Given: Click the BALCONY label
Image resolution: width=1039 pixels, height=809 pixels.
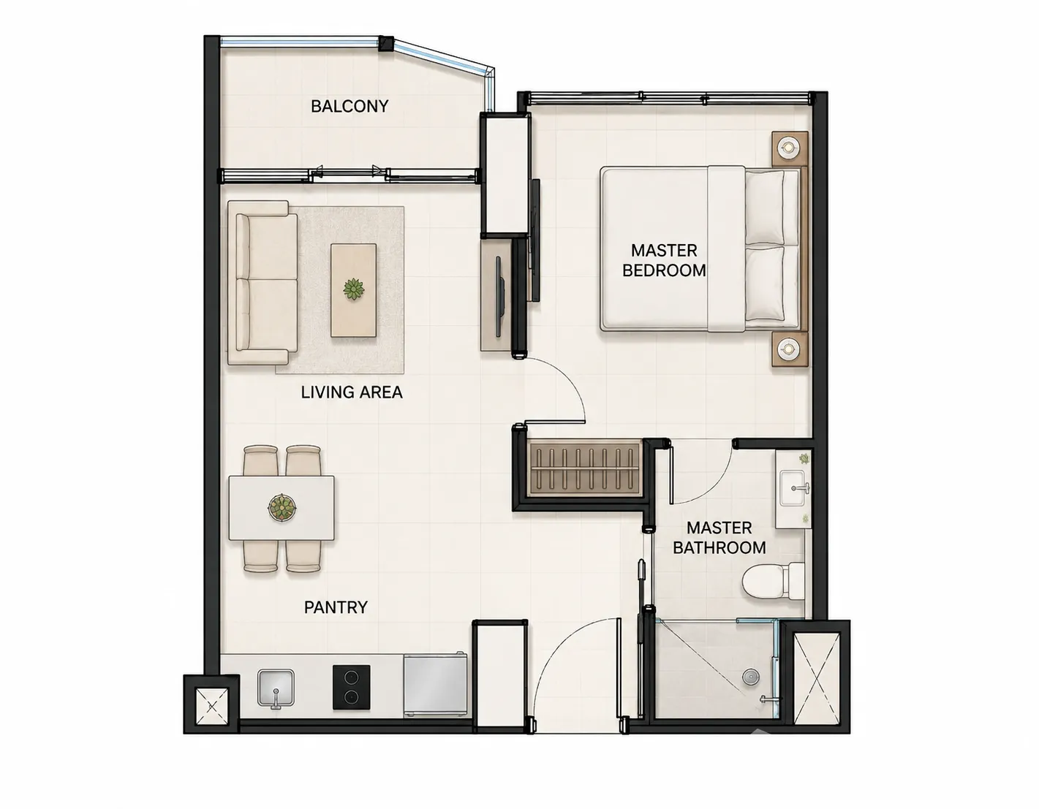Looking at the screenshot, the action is click(x=350, y=106).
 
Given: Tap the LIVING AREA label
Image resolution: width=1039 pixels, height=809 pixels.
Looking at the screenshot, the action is click(x=352, y=392).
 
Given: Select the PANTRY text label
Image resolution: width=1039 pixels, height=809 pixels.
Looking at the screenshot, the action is click(x=336, y=607).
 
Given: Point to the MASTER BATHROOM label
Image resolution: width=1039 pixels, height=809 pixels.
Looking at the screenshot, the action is click(x=719, y=538).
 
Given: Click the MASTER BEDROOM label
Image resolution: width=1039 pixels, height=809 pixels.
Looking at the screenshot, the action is click(x=664, y=260).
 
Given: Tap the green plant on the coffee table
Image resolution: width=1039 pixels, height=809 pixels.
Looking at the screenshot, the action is click(x=353, y=289).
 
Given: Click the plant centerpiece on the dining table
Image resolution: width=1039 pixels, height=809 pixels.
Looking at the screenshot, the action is click(x=282, y=507).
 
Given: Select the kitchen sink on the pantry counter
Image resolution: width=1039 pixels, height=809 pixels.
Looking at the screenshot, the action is click(x=276, y=688).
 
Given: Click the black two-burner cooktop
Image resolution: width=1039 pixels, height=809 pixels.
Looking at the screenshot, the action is click(x=352, y=687).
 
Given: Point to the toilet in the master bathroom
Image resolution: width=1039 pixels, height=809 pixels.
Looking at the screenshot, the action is click(x=773, y=580).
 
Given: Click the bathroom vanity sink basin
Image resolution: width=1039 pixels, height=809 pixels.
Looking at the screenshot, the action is click(x=795, y=488).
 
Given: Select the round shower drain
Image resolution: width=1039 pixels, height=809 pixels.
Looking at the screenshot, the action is click(x=751, y=677).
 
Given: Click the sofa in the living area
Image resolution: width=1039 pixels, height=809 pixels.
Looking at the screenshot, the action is click(x=262, y=282).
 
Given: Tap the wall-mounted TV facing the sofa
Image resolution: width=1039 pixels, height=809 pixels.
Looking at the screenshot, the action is click(x=499, y=297).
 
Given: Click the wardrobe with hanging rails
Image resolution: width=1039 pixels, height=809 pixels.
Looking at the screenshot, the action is click(x=584, y=470).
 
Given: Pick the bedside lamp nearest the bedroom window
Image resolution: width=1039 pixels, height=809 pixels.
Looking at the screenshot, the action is click(x=787, y=148).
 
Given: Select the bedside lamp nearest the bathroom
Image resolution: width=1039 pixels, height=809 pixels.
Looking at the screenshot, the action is click(x=788, y=349).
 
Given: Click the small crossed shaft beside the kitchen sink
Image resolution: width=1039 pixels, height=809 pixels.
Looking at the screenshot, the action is click(x=211, y=704).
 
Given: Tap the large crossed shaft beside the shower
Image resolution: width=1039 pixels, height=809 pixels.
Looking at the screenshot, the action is click(x=817, y=677).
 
